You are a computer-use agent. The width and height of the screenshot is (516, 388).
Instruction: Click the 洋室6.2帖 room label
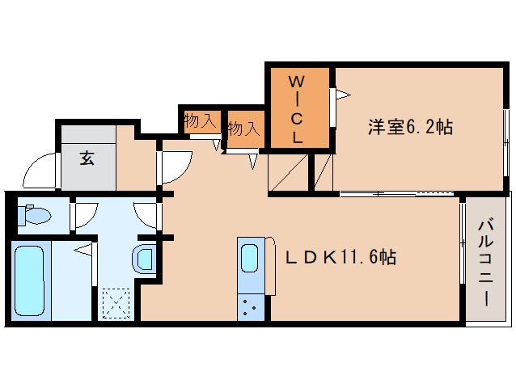[x=410, y=127]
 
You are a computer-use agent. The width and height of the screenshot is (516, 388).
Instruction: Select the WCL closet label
[x=298, y=109]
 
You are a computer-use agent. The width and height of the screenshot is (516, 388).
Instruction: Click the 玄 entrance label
[x=87, y=158]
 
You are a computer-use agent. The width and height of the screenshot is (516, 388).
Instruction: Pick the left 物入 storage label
[x=200, y=121]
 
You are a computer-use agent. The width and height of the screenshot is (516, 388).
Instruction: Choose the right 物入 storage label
[x=243, y=128]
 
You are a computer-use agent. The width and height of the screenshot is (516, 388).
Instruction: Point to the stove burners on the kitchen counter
[x=250, y=306]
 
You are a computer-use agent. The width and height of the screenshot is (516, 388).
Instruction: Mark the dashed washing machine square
[x=116, y=305]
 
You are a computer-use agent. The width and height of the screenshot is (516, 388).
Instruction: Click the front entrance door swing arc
[x=40, y=170]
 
